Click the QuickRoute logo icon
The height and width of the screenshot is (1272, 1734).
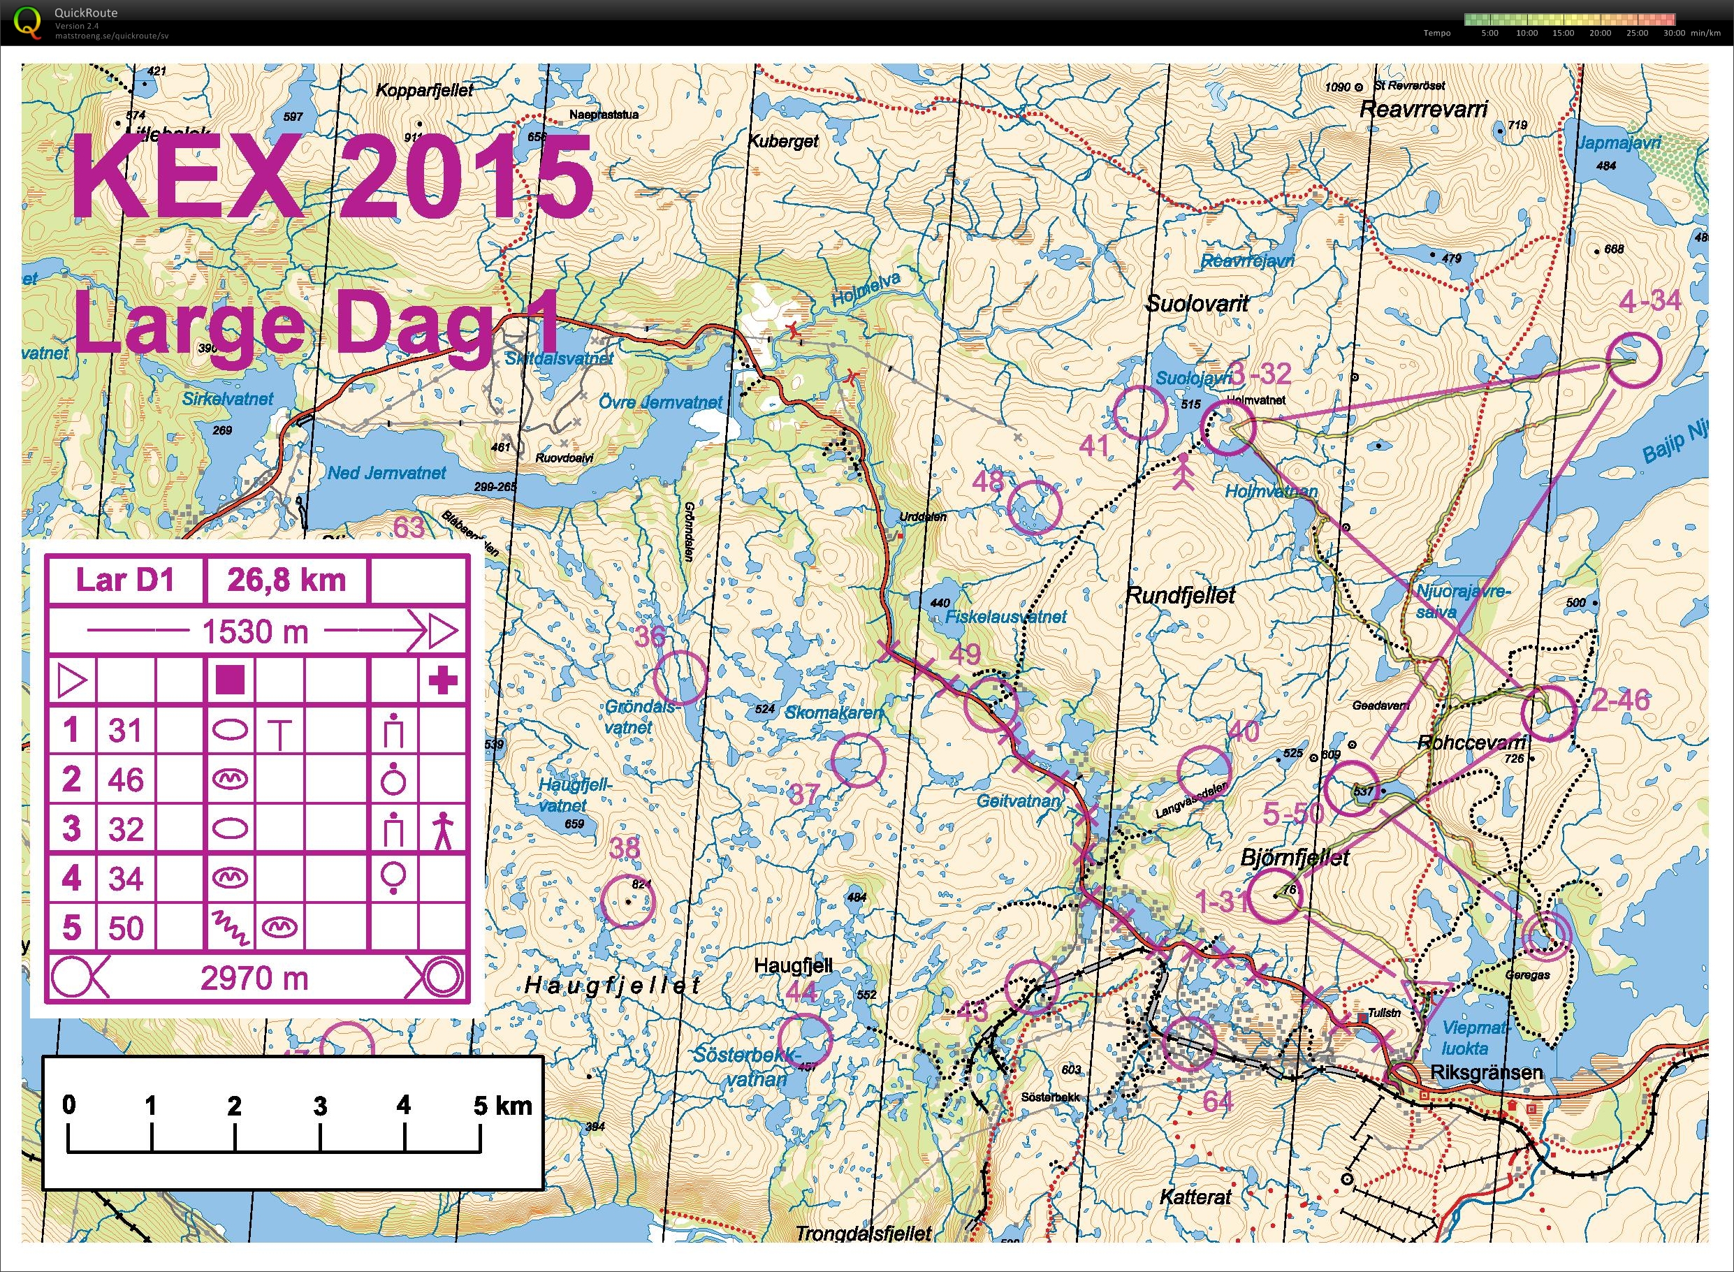pyautogui.click(x=29, y=21)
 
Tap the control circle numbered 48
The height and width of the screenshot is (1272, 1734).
pyautogui.click(x=1034, y=506)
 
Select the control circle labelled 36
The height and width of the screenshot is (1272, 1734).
pyautogui.click(x=680, y=678)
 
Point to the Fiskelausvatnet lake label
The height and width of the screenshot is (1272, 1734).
pyautogui.click(x=1005, y=617)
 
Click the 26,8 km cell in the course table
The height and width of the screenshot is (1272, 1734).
pyautogui.click(x=286, y=580)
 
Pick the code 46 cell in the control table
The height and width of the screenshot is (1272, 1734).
pyautogui.click(x=126, y=780)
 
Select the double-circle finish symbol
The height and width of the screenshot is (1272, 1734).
pyautogui.click(x=1547, y=934)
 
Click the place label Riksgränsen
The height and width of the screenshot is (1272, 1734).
pyautogui.click(x=1485, y=1073)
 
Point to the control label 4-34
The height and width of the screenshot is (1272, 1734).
pyautogui.click(x=1649, y=301)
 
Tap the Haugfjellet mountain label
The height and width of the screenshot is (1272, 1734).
pyautogui.click(x=612, y=985)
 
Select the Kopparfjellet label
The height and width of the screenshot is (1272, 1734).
pyautogui.click(x=424, y=90)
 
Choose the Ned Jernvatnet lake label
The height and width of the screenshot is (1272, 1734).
pyautogui.click(x=386, y=473)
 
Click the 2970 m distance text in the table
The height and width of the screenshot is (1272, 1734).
pyautogui.click(x=254, y=978)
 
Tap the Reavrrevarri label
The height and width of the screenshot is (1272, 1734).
pyautogui.click(x=1423, y=108)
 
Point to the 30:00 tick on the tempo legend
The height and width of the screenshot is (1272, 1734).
pyautogui.click(x=1673, y=33)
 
